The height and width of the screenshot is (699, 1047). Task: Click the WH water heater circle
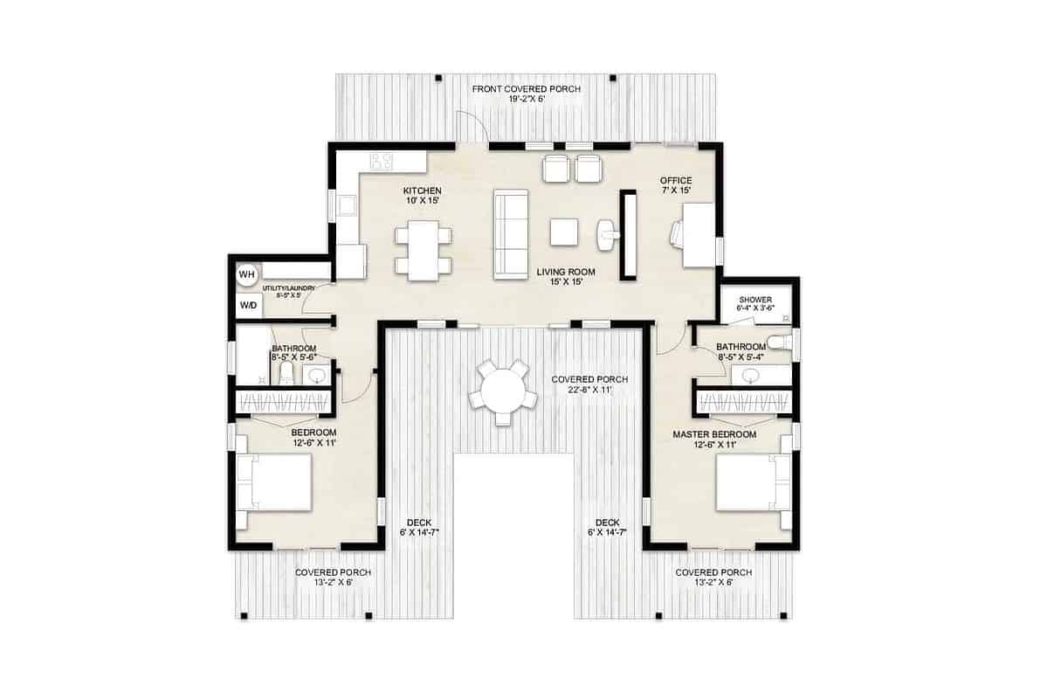point(247,274)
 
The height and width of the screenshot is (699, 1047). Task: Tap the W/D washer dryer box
point(248,306)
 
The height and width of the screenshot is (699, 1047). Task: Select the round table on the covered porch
point(502,388)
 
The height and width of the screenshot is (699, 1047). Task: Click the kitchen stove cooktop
point(382,160)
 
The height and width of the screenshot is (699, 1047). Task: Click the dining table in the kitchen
point(423,250)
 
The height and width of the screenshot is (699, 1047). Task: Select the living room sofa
point(512,234)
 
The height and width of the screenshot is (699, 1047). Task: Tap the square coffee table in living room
point(564,232)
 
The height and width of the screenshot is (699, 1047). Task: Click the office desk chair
point(678,234)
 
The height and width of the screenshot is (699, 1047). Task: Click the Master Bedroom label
point(714,439)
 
